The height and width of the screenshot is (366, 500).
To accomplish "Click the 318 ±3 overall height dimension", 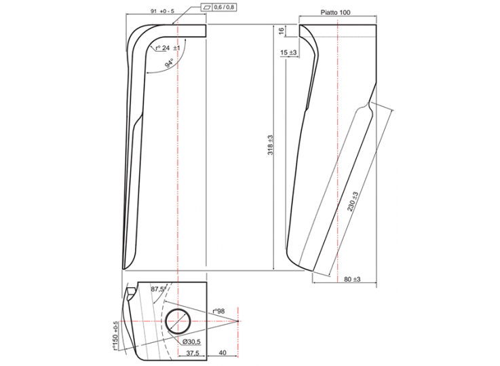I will point(269,146).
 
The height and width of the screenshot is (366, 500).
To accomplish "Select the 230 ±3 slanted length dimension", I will point(353,202).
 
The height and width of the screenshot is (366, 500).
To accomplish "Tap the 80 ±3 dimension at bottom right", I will point(351,279).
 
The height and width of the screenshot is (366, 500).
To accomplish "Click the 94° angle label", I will point(168,64).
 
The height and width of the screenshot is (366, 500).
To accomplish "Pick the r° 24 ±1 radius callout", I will point(167,48).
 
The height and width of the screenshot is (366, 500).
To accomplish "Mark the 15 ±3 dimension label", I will point(288,52).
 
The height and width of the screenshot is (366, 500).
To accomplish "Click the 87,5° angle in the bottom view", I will point(159,290).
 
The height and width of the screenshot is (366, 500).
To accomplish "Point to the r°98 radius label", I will point(218,310).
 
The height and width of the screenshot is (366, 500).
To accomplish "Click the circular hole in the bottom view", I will point(178,320).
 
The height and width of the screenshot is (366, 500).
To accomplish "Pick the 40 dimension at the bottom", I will point(223,353).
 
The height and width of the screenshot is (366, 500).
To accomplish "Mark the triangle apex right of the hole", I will point(239,320).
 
